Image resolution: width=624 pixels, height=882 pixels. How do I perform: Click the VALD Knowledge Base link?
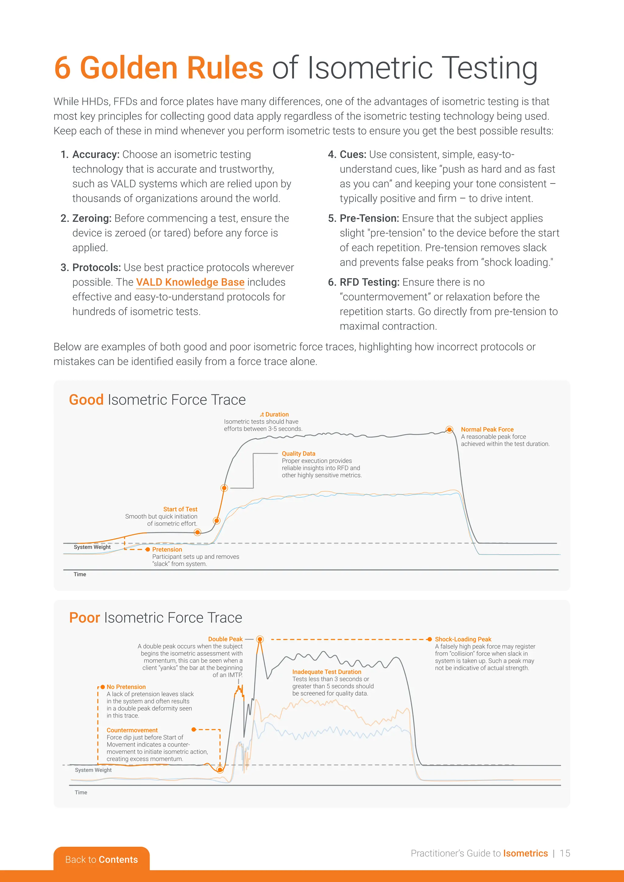pyautogui.click(x=190, y=282)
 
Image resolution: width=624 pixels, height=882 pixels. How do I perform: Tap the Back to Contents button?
pyautogui.click(x=101, y=859)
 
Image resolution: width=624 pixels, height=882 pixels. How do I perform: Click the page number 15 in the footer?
pyautogui.click(x=565, y=853)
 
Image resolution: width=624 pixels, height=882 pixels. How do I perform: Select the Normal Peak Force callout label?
pyautogui.click(x=487, y=429)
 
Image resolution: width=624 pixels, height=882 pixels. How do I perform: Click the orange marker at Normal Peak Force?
pyautogui.click(x=449, y=429)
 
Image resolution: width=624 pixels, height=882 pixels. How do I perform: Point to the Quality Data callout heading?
pyautogui.click(x=298, y=454)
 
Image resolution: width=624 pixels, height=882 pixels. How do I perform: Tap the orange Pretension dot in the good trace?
pyautogui.click(x=147, y=550)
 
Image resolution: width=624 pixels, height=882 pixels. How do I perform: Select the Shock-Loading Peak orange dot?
pyautogui.click(x=430, y=639)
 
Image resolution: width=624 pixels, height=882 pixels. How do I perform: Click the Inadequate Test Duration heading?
pyautogui.click(x=327, y=672)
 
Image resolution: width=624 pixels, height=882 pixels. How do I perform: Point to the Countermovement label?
pyautogui.click(x=132, y=730)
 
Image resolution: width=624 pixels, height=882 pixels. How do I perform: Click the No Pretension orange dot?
pyautogui.click(x=103, y=687)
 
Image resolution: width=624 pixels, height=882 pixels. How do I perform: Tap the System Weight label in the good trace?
pyautogui.click(x=92, y=547)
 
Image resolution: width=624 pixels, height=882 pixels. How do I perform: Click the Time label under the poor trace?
pyautogui.click(x=81, y=792)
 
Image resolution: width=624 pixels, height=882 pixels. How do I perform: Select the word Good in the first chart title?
pyautogui.click(x=86, y=400)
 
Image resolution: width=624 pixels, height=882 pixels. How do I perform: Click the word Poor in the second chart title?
pyautogui.click(x=84, y=618)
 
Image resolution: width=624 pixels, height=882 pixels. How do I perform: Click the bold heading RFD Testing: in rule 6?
pyautogui.click(x=369, y=282)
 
